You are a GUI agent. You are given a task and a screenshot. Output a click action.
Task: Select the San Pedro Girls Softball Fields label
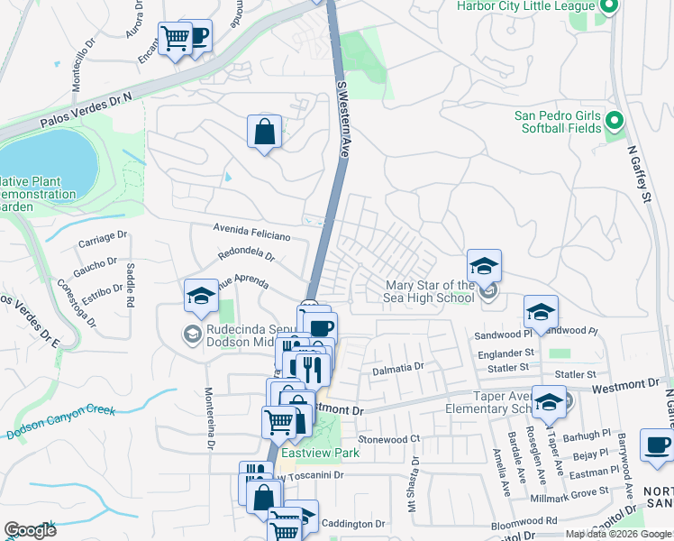tap(558, 122)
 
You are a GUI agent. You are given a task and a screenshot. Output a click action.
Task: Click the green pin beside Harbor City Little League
tap(608, 7)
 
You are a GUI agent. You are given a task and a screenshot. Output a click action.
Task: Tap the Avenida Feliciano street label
tap(251, 234)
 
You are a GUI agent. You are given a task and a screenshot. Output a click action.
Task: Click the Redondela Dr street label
tap(245, 255)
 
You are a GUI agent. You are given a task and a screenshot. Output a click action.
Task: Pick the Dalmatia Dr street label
tap(397, 368)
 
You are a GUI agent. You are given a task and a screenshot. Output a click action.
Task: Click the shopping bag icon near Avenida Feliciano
tap(265, 132)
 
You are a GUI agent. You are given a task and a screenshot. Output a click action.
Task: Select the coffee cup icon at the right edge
tap(657, 445)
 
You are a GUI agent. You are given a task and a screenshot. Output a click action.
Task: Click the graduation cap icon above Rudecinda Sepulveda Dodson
tap(201, 296)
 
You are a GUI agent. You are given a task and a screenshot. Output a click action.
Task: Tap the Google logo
tap(30, 530)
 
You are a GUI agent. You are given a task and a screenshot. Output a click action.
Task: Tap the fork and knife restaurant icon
tap(312, 368)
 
